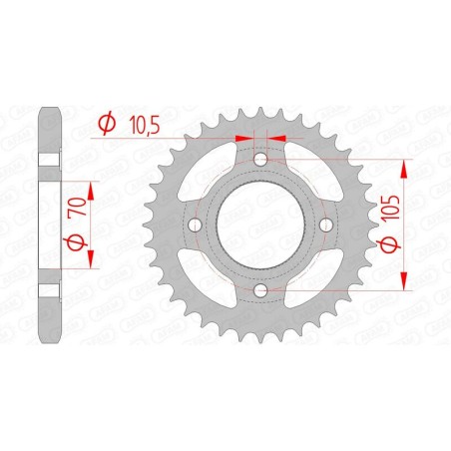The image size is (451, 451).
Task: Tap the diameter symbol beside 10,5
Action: pos(104,123)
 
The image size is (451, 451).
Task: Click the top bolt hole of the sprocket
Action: pos(260,159)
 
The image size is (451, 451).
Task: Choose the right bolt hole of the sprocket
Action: pos(325,225)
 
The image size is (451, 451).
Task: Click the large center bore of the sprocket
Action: pos(260,225)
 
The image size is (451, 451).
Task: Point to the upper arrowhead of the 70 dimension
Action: pos(92,188)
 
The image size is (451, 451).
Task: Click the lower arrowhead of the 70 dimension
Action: pos(92,260)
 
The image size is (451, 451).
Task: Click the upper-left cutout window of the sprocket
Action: pos(213,178)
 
